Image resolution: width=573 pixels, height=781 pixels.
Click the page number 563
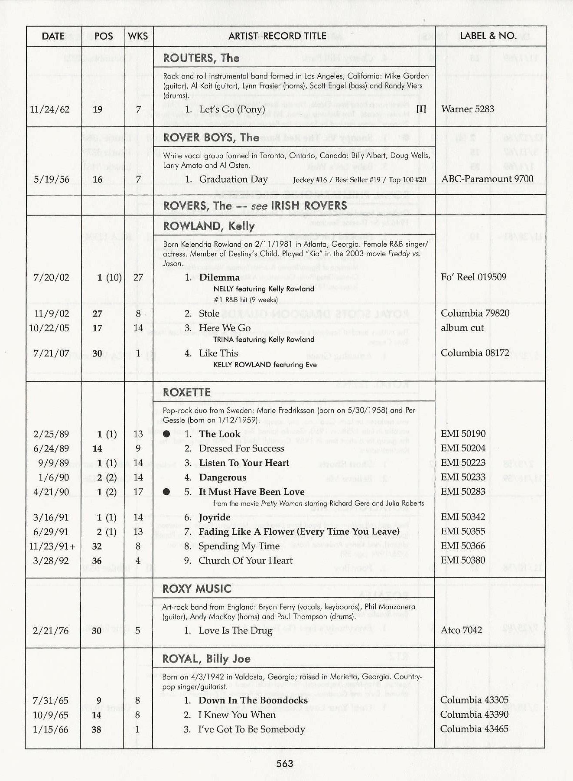[285, 763]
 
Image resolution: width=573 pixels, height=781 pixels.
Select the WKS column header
[138, 36]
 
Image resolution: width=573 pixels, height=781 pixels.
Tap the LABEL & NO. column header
[488, 36]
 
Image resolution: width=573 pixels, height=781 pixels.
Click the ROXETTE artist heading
[187, 392]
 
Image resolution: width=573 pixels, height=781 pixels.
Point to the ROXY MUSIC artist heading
[197, 588]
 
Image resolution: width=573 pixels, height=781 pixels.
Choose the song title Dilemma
[219, 277]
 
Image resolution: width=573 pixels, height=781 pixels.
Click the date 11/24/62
[49, 109]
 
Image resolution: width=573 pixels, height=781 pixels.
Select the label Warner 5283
[468, 109]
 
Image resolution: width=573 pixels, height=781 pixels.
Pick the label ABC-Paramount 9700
[487, 179]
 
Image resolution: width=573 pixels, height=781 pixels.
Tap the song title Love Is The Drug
[235, 631]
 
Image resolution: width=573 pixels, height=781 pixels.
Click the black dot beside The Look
[166, 434]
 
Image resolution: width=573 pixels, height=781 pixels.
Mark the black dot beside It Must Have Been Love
[166, 492]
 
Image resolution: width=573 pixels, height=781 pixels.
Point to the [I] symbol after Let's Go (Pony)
[421, 109]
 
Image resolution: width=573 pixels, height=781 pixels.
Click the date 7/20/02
[51, 278]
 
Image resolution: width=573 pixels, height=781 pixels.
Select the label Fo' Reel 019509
[473, 277]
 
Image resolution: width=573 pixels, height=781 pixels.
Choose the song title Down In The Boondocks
[253, 700]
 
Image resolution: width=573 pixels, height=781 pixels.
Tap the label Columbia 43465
[474, 729]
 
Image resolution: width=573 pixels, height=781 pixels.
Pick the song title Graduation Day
[234, 179]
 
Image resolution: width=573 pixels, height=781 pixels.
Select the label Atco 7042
[461, 630]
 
